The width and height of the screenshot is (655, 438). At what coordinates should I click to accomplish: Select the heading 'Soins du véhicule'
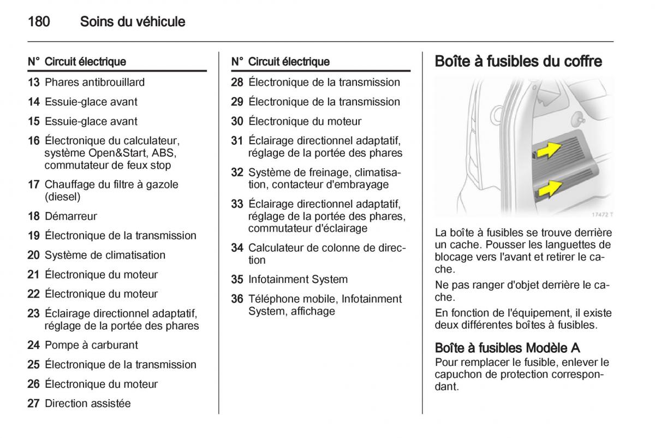click(x=133, y=22)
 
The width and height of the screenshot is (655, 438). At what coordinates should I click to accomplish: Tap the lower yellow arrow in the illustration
click(x=549, y=189)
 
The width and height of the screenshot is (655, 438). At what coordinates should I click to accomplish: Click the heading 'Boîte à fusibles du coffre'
click(x=518, y=61)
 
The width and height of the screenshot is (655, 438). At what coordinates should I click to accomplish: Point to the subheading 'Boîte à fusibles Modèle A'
click(x=507, y=348)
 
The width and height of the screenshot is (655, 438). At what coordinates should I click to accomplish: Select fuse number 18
click(x=34, y=216)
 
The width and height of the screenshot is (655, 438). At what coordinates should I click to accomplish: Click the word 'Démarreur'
click(x=71, y=216)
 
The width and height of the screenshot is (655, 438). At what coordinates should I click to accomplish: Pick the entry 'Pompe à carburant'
click(x=91, y=345)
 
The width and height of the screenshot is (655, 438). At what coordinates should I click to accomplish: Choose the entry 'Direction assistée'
click(x=88, y=404)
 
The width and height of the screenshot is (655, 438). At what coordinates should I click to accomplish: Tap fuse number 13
click(x=34, y=82)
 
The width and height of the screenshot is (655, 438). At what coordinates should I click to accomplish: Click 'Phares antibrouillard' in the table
click(x=94, y=82)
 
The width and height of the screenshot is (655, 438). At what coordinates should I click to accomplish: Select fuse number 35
click(x=237, y=280)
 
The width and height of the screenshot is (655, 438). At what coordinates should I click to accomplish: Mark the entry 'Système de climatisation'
click(x=105, y=255)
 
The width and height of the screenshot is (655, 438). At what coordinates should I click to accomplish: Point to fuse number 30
click(x=237, y=121)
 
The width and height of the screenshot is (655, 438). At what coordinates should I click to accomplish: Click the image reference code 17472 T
click(x=603, y=214)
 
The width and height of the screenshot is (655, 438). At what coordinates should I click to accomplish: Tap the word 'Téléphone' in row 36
click(x=273, y=299)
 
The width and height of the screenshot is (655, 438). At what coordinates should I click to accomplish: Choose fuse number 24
click(x=34, y=345)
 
